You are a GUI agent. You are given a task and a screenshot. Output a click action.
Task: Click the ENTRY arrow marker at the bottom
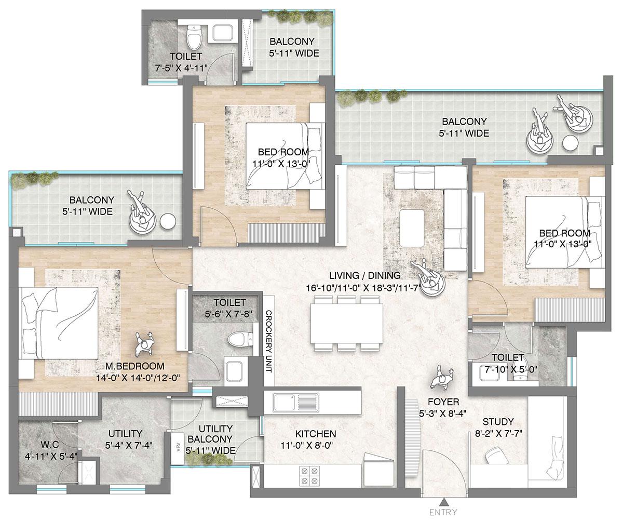(x=443, y=502)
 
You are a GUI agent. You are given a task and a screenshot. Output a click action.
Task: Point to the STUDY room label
(x=497, y=421)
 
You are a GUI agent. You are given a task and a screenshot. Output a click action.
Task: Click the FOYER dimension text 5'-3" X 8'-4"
(x=443, y=414)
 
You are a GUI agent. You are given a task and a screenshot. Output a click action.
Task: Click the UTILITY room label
(x=125, y=434)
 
